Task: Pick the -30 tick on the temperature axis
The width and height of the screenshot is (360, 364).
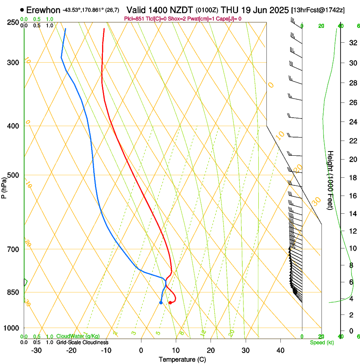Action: (x=36, y=350)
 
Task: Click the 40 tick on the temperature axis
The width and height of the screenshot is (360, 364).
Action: (x=280, y=350)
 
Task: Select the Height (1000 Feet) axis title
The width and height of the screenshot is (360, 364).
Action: (x=331, y=180)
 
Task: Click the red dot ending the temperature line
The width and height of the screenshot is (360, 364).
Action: (x=170, y=303)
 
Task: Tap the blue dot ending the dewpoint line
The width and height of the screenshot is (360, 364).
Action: (x=161, y=303)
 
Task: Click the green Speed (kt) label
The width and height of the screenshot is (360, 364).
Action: (x=321, y=342)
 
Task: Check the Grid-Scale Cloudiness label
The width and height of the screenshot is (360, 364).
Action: (x=82, y=342)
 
